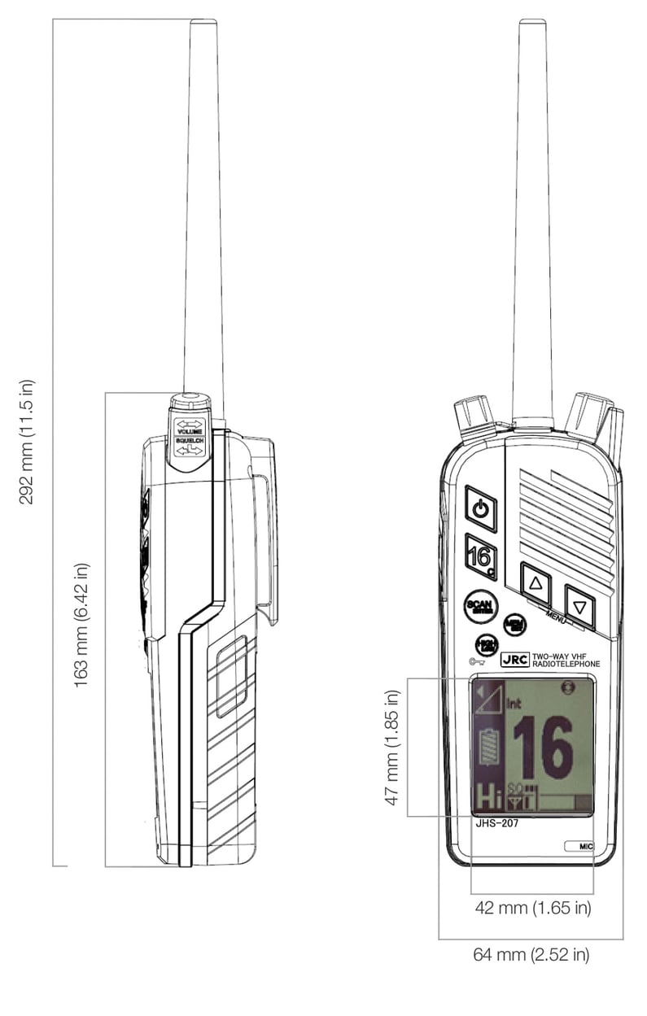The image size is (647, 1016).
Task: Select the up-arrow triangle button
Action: [x=535, y=582]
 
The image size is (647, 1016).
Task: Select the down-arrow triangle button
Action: [x=579, y=607]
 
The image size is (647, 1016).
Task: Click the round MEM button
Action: [x=514, y=625]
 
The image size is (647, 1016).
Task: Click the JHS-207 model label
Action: [x=496, y=822]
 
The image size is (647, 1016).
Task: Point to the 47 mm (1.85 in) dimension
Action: [x=393, y=748]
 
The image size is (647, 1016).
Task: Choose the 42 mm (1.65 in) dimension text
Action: [x=532, y=907]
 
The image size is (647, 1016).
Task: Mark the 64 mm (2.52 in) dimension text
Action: [x=531, y=954]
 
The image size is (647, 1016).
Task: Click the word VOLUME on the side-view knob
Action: [x=189, y=431]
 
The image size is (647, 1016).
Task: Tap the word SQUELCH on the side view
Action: [x=189, y=440]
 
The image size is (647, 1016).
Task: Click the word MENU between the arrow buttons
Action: [x=556, y=616]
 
